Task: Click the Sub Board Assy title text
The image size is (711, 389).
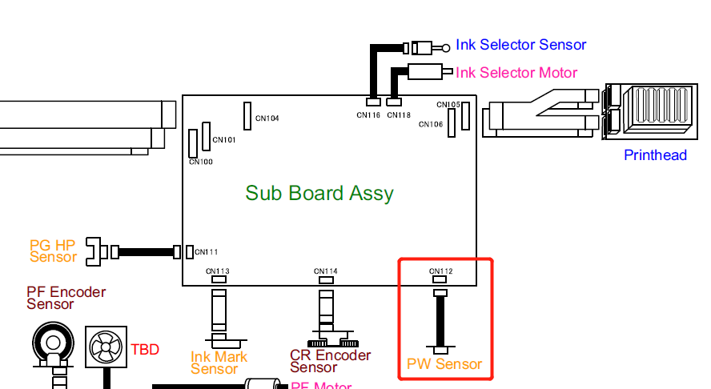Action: pos(319,193)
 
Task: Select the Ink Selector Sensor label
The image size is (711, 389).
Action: pos(521,45)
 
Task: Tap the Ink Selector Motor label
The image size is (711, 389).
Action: pos(516,73)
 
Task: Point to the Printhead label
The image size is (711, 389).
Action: pos(655,155)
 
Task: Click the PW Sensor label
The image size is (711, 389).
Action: pos(444,364)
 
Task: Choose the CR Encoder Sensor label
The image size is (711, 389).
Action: pos(330,361)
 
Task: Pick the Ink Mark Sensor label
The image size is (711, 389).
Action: pos(219,363)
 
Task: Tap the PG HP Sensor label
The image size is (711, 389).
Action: pos(53,251)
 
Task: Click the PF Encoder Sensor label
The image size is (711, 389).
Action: pos(66,298)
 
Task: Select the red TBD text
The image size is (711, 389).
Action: pos(145,349)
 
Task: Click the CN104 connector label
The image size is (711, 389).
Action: pos(267,118)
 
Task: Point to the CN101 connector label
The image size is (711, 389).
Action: pos(224,140)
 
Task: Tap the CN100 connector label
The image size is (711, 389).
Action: pos(201,162)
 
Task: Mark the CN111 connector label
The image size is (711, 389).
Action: pos(207,252)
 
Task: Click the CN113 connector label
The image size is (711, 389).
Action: pos(218,271)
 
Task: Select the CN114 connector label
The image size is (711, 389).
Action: pos(326,271)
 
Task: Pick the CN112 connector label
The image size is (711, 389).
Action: pos(441,271)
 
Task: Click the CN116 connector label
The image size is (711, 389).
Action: pos(369,115)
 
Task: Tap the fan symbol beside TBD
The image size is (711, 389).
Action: pos(106,348)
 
